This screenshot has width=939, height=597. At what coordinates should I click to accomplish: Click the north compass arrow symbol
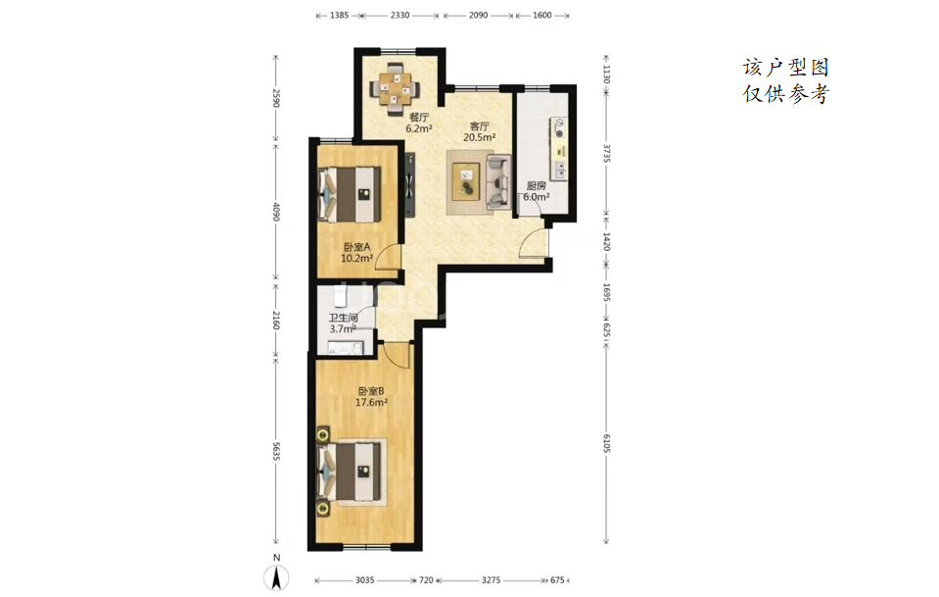point(276,577)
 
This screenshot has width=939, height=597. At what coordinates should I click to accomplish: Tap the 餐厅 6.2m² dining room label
point(419,123)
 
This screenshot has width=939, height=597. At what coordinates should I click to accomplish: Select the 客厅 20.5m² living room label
point(479,132)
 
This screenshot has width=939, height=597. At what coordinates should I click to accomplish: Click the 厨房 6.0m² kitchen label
point(536,191)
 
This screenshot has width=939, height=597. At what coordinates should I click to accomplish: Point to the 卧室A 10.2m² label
point(357,252)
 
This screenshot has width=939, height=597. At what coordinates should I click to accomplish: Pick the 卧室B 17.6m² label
point(371,397)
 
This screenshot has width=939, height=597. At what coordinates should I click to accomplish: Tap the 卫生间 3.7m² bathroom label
point(343,323)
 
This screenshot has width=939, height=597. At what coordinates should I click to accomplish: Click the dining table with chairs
point(395,88)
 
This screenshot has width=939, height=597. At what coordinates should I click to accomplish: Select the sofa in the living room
point(498,182)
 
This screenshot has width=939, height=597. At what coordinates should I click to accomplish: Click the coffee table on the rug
point(466,181)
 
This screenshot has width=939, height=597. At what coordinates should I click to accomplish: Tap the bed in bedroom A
point(350,194)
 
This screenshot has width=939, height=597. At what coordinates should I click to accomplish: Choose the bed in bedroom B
point(351,472)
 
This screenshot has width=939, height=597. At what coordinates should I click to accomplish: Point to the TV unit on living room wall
point(409,184)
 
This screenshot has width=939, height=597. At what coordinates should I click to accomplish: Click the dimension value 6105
point(606,443)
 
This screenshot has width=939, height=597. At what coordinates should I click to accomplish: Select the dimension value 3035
point(364,580)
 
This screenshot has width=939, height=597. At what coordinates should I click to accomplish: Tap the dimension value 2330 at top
point(400,15)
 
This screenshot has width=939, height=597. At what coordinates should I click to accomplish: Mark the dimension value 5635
point(276,451)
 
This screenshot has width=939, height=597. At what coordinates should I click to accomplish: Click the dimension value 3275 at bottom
point(492,580)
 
